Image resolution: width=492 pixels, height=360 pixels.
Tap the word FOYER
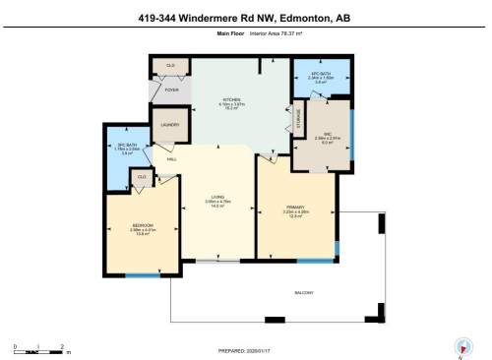click(x=171, y=90)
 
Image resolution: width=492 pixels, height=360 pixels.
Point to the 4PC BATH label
click(x=320, y=75)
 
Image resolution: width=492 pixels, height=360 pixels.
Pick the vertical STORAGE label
click(x=298, y=119)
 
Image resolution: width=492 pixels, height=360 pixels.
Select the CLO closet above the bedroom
click(x=143, y=178)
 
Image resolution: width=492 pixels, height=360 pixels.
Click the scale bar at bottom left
click(x=38, y=347)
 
